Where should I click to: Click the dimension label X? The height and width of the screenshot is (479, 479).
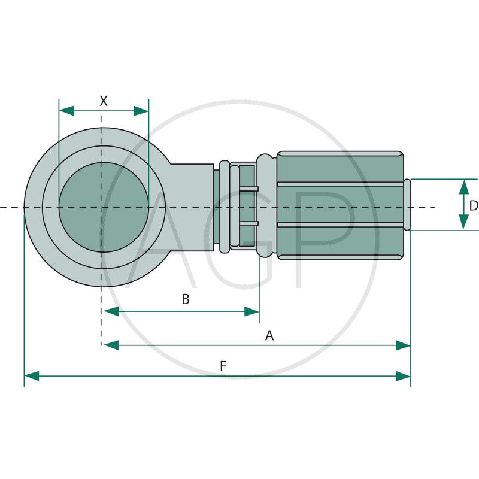[x=104, y=101]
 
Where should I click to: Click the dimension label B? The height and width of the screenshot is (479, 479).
[x=186, y=299]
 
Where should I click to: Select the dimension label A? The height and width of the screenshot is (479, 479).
[x=269, y=335]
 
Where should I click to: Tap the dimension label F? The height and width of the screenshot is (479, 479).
[x=223, y=366]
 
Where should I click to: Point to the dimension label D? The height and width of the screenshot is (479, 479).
[x=473, y=205]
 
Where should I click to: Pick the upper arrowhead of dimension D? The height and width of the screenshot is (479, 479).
[x=463, y=186]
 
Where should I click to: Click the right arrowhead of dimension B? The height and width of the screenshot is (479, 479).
[x=252, y=311]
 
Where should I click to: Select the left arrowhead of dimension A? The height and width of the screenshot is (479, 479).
[x=111, y=345]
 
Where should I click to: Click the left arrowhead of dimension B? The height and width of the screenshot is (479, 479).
[x=111, y=311]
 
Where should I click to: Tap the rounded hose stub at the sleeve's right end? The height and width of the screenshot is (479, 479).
[x=407, y=205]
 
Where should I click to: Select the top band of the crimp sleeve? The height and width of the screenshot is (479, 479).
[x=339, y=168]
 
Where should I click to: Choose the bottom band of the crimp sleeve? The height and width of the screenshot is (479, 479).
[x=339, y=243]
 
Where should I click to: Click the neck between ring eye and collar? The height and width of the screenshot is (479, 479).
[x=195, y=207]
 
